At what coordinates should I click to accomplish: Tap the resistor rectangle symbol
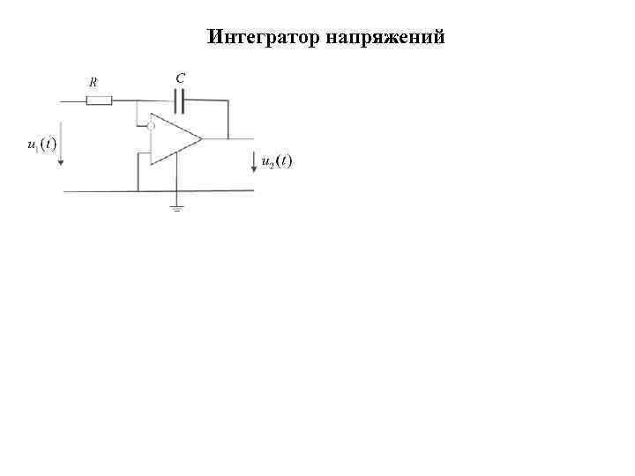coord(99,101)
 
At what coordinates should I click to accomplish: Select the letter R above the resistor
coord(93,82)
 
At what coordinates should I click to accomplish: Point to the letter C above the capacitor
coord(180,78)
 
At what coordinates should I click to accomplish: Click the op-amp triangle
coord(174,139)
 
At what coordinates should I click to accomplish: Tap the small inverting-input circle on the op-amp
coord(151,126)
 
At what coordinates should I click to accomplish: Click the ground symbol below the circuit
coord(177,208)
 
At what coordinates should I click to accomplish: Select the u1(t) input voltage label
coord(41,144)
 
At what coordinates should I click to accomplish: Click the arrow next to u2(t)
coord(254,162)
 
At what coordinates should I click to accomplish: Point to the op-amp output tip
coord(202,139)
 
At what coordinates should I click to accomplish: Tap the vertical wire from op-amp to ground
coord(177,176)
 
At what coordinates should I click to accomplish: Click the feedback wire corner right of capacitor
coord(228,101)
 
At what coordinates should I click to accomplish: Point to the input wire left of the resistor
coord(71,101)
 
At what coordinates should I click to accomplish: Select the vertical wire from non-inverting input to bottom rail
coord(138,172)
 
